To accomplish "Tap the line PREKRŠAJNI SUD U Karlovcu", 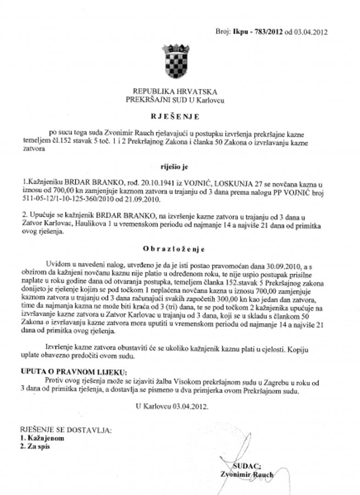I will [x=175, y=99].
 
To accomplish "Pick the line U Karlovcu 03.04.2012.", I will [x=172, y=406].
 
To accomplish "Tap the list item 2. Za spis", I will [x=35, y=446].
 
